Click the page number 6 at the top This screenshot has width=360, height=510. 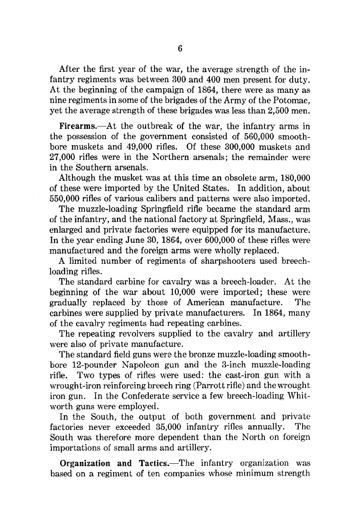tap(180, 49)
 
